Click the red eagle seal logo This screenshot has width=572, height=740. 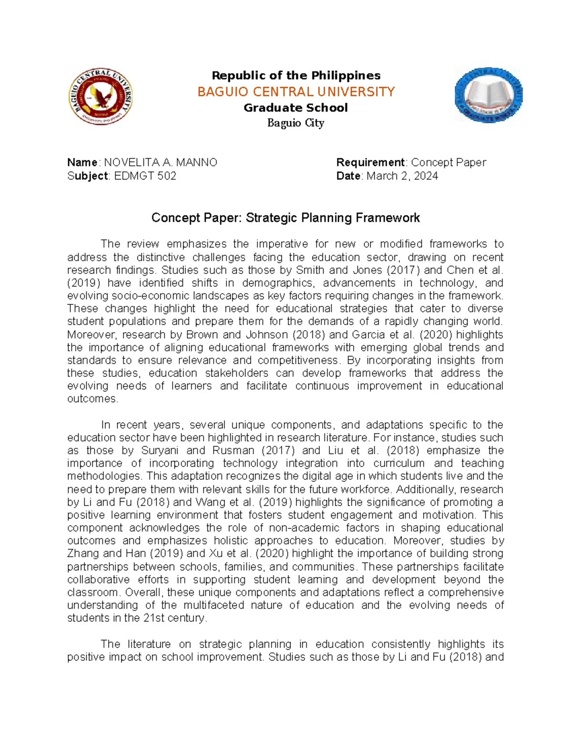coord(100,96)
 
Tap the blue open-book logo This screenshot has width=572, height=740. coord(489,95)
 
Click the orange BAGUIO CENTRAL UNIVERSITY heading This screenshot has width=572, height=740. coord(296,91)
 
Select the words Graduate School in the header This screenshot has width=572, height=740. coord(296,108)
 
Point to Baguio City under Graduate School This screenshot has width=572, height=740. coord(296,123)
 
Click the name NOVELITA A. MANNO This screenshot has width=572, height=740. coord(161,162)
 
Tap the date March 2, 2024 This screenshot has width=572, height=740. coord(402,176)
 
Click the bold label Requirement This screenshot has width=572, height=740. coord(370,162)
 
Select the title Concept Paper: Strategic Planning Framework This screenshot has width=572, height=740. coord(286,218)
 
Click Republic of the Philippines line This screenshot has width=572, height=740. coord(296,75)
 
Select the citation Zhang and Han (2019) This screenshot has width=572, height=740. coord(125,554)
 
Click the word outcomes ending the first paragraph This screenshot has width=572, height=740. coord(92,399)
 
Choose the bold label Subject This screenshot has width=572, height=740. coord(88,176)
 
